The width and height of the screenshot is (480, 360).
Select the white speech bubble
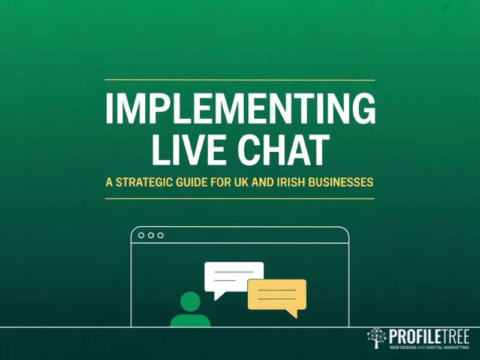click(x=233, y=277)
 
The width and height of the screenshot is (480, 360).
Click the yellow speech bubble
click(x=277, y=293)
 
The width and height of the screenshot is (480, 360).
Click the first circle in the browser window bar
click(x=141, y=235)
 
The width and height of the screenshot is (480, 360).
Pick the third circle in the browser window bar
click(x=160, y=235)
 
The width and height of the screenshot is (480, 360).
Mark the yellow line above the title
click(x=240, y=80)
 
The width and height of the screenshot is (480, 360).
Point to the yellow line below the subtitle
click(x=240, y=198)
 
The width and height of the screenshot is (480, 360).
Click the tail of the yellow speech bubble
click(x=292, y=313)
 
